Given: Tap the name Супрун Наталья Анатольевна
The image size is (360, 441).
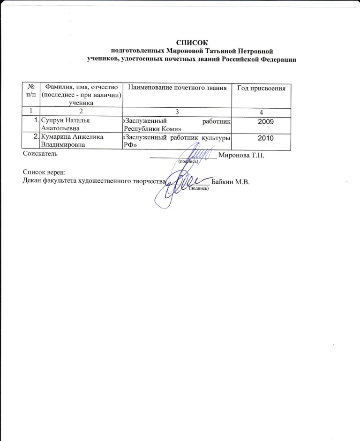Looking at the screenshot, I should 65,124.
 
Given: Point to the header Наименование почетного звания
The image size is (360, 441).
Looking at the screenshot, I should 178,88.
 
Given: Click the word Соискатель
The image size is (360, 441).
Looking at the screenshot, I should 40,153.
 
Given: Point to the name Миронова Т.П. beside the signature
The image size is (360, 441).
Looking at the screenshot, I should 241,156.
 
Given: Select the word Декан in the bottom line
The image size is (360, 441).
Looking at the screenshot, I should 32,182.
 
